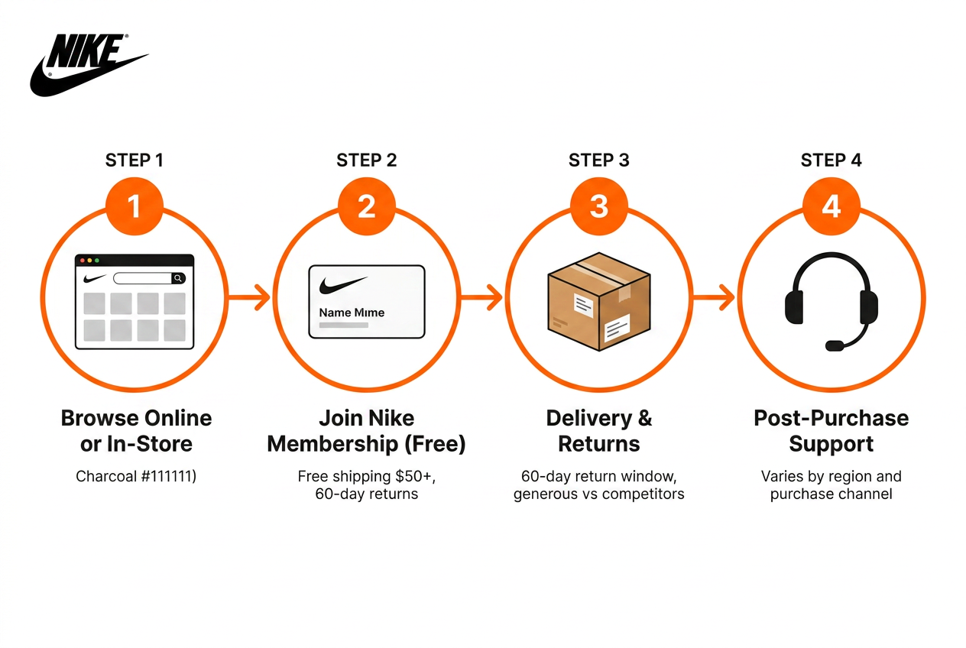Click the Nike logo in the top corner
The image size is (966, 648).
pyautogui.click(x=89, y=65)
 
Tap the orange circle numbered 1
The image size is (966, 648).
pyautogui.click(x=135, y=206)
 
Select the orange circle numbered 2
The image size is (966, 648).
pyautogui.click(x=367, y=206)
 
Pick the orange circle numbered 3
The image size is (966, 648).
pyautogui.click(x=599, y=206)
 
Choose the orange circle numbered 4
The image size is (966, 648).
pyautogui.click(x=831, y=206)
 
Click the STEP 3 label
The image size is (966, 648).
pyautogui.click(x=599, y=160)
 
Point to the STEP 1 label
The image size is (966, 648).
pyautogui.click(x=135, y=160)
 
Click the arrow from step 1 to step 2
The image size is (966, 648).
pyautogui.click(x=249, y=297)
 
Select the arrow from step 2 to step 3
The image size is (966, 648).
pyautogui.click(x=481, y=297)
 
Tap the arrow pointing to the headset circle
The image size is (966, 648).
pyautogui.click(x=714, y=297)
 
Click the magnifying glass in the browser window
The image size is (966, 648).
pyautogui.click(x=178, y=278)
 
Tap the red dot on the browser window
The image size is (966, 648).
pyautogui.click(x=83, y=261)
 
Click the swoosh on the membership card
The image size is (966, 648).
pyautogui.click(x=343, y=286)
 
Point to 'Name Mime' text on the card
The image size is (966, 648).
pyautogui.click(x=352, y=313)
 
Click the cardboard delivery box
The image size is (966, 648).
pyautogui.click(x=599, y=301)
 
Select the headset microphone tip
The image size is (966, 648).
pyautogui.click(x=835, y=345)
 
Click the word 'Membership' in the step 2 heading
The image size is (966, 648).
pyautogui.click(x=332, y=444)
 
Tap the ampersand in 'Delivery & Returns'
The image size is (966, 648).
pyautogui.click(x=645, y=418)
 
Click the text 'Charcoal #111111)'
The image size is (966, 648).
pyautogui.click(x=136, y=476)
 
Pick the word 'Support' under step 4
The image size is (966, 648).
pyautogui.click(x=831, y=445)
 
